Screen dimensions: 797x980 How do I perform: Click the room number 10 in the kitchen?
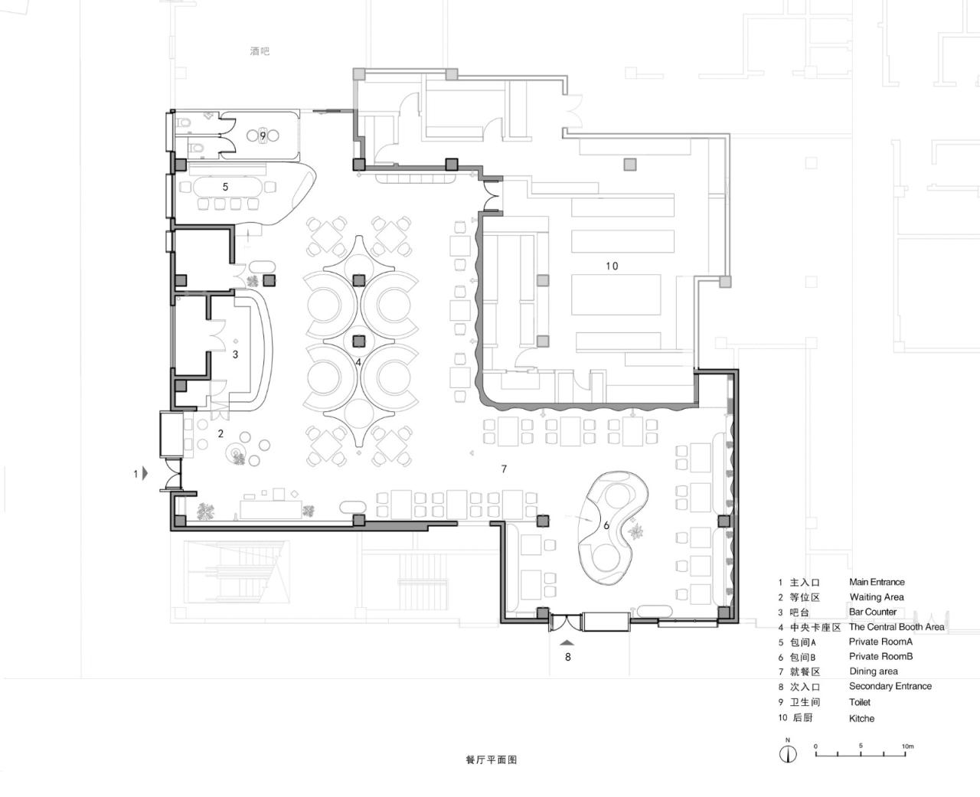(x=611, y=266)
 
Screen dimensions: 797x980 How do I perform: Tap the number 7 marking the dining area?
(x=504, y=469)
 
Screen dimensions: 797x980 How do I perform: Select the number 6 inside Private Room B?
(x=606, y=525)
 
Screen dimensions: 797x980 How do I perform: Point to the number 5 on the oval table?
(x=225, y=187)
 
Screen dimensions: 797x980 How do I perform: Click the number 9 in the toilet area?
(x=263, y=136)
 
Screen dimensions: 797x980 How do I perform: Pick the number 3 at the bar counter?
(x=236, y=354)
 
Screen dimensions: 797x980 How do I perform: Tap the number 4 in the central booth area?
(x=358, y=361)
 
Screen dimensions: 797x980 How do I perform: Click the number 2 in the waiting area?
(x=220, y=433)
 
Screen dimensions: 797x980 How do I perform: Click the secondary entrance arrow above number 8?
(x=567, y=644)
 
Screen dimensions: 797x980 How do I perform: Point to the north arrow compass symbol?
(x=788, y=753)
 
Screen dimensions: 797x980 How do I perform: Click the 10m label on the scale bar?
(x=907, y=746)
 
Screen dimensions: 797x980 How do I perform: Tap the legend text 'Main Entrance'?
(x=877, y=582)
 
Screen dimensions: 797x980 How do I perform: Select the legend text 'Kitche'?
(x=861, y=718)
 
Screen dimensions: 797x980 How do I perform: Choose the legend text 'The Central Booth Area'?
(x=897, y=626)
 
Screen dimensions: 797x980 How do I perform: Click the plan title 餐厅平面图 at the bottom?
(x=491, y=760)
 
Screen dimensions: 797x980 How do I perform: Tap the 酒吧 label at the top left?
(x=260, y=51)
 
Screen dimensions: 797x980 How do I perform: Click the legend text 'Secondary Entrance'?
(x=890, y=686)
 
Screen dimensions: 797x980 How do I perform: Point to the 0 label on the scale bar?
(x=815, y=746)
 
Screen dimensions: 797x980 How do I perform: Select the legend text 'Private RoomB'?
(x=880, y=656)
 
